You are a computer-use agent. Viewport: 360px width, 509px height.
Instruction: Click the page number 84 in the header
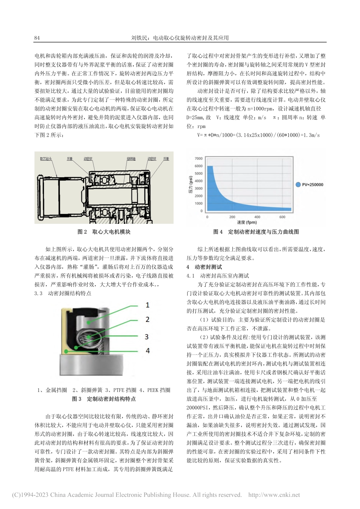(37, 38)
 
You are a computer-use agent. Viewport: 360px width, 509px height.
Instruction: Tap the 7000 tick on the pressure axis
(199, 158)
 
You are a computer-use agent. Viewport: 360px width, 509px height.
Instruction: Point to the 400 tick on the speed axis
(257, 217)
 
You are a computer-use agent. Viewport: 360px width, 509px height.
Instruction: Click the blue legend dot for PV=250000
(298, 184)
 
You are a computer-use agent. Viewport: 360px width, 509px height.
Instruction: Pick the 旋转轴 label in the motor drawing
(131, 159)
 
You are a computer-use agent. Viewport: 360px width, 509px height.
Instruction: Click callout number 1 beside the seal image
(147, 305)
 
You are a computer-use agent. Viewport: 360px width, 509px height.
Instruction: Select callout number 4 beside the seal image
(147, 351)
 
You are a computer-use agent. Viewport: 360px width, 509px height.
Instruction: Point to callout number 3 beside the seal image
(147, 337)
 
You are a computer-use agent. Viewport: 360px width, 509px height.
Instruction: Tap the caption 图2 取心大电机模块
(104, 231)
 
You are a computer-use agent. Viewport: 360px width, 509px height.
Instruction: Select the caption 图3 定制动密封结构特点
(104, 399)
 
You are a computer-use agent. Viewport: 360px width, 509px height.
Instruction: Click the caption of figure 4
(256, 231)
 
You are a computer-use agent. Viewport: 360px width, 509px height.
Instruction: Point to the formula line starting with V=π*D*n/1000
(258, 135)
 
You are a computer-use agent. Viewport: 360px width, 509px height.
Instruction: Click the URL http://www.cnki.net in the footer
(274, 495)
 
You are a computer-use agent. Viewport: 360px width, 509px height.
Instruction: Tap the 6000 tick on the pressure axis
(199, 166)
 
